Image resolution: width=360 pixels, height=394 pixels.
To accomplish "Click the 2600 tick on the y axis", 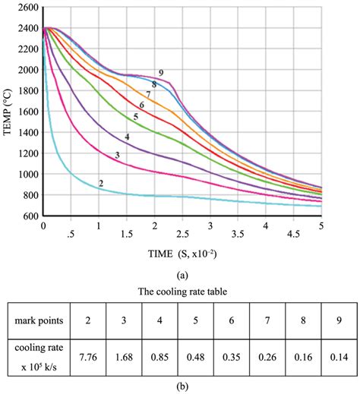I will pos(27,7).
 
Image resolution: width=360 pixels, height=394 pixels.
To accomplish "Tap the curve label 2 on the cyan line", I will pos(100,183).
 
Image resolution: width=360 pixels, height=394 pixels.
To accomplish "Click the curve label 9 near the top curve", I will pos(161,72).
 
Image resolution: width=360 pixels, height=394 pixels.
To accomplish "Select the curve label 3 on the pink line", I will pos(117,155).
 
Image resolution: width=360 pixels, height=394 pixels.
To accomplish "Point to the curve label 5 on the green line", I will pos(134,117).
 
